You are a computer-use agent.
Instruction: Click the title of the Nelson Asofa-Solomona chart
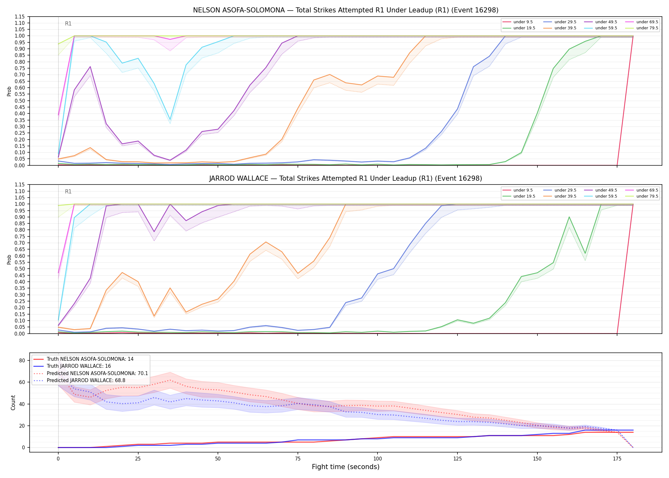click(x=346, y=10)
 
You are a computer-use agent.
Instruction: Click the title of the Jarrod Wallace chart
click(x=346, y=178)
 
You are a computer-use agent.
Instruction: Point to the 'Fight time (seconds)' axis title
click(x=346, y=467)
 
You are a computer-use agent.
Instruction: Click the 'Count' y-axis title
click(x=13, y=402)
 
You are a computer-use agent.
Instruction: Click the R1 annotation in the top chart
click(x=68, y=24)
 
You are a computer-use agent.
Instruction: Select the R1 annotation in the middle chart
click(x=68, y=192)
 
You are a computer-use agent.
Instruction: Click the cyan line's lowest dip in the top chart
click(x=170, y=119)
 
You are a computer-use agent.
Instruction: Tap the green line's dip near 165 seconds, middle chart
click(x=585, y=253)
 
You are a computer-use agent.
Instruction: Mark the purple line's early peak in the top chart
click(x=90, y=67)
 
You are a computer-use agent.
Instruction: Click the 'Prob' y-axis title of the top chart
click(x=9, y=91)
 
